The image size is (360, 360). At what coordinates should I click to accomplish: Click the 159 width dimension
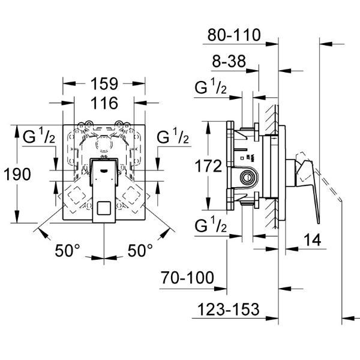pyautogui.click(x=104, y=84)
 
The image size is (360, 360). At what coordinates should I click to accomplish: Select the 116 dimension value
pyautogui.click(x=104, y=103)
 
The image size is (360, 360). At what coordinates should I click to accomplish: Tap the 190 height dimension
pyautogui.click(x=17, y=174)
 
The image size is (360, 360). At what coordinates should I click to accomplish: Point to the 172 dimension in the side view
pyautogui.click(x=208, y=166)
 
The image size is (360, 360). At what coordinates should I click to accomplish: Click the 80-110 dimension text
pyautogui.click(x=234, y=35)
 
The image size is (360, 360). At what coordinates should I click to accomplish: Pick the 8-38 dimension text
pyautogui.click(x=229, y=61)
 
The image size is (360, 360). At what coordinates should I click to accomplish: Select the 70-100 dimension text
pyautogui.click(x=187, y=278)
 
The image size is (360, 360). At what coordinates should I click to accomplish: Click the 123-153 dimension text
pyautogui.click(x=229, y=309)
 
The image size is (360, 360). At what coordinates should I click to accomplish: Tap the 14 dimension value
pyautogui.click(x=312, y=240)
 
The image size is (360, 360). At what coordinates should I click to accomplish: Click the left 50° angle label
pyautogui.click(x=67, y=250)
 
